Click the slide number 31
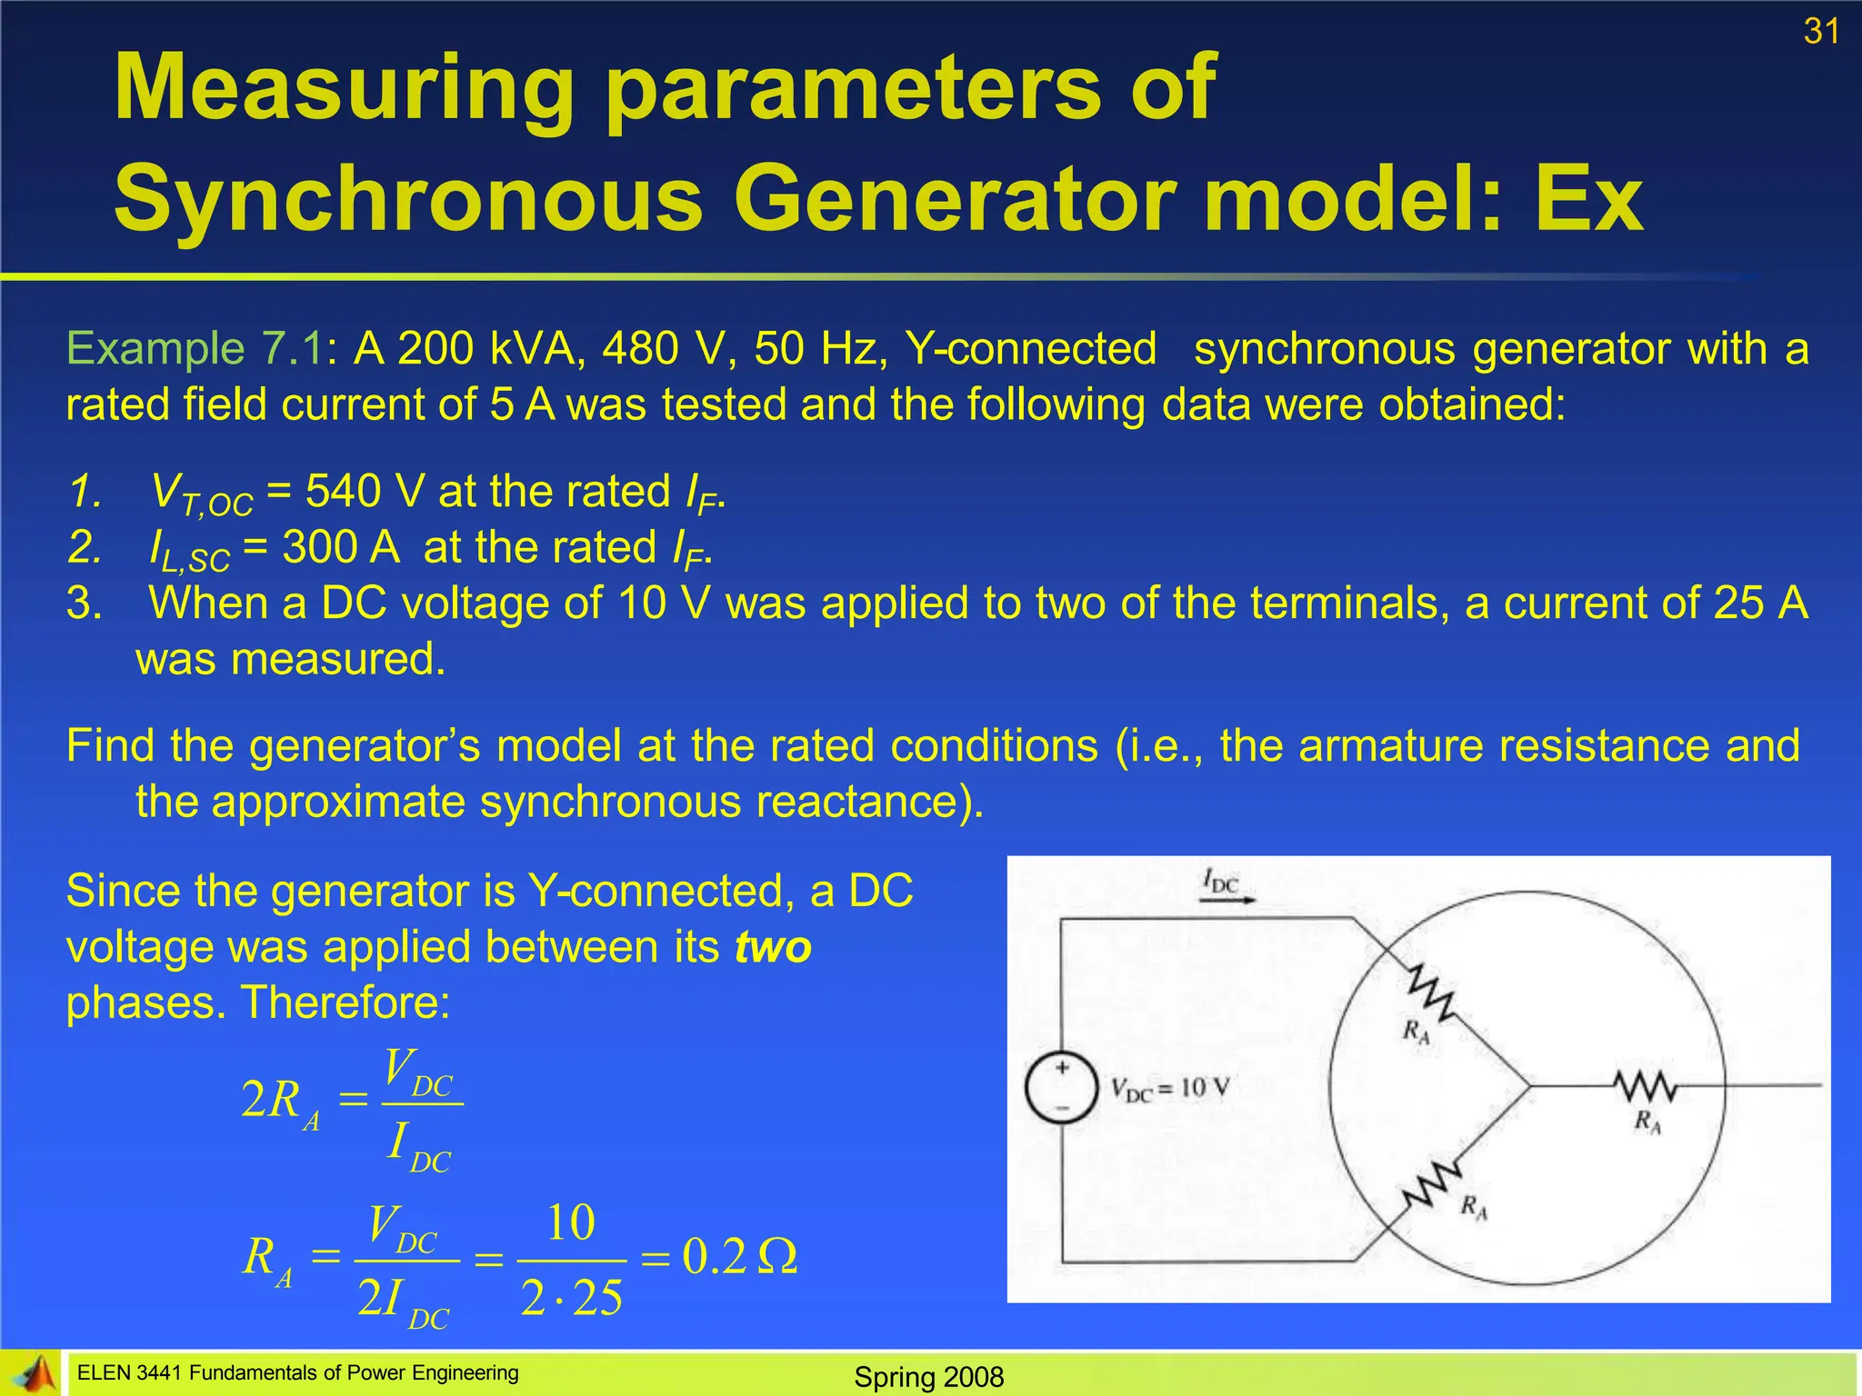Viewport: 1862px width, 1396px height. pyautogui.click(x=1821, y=32)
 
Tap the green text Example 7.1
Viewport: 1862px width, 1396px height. pyautogui.click(x=195, y=349)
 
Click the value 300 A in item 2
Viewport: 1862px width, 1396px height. pyautogui.click(x=341, y=548)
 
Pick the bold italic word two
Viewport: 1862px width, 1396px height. pyautogui.click(x=773, y=947)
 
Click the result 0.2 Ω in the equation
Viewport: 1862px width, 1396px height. pyautogui.click(x=739, y=1257)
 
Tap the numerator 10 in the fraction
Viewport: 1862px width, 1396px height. pyautogui.click(x=570, y=1223)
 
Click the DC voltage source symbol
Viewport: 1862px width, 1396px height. pyautogui.click(x=1061, y=1088)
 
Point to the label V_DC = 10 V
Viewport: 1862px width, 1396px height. pyautogui.click(x=1170, y=1088)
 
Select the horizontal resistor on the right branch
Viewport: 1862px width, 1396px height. pyautogui.click(x=1646, y=1085)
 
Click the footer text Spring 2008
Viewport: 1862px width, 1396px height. pyautogui.click(x=928, y=1377)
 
